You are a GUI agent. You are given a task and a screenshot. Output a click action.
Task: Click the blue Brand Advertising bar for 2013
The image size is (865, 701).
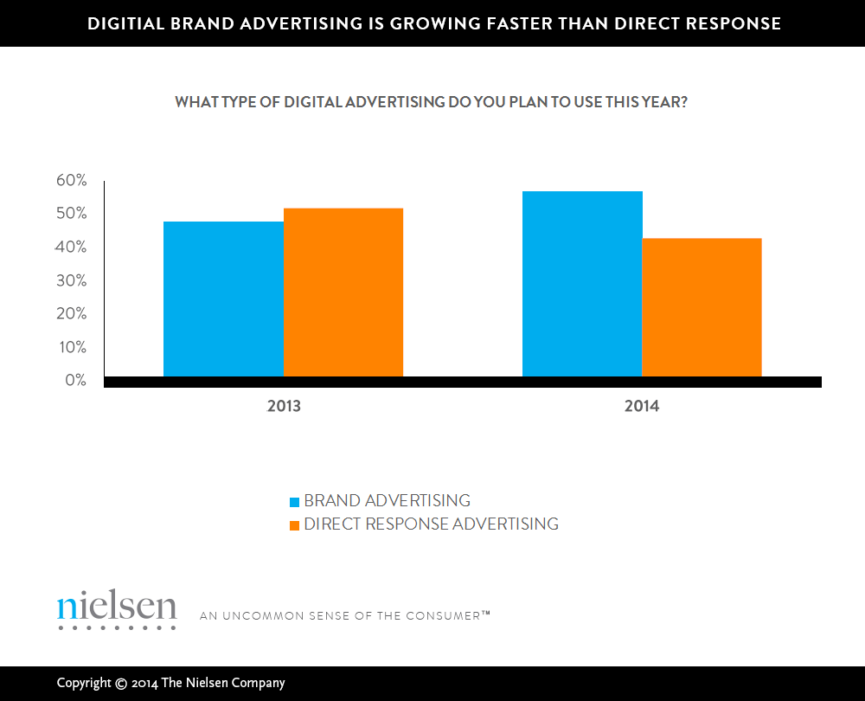(x=223, y=299)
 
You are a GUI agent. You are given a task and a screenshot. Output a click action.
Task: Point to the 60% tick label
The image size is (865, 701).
(x=72, y=180)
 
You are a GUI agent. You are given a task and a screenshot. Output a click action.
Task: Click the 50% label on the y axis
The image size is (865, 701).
(x=72, y=214)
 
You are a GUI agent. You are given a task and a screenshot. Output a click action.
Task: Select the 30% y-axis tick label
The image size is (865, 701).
(x=72, y=280)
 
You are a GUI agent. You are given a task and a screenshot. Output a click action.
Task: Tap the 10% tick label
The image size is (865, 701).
(x=72, y=347)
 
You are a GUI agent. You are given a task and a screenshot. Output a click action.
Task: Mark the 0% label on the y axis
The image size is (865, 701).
(x=75, y=380)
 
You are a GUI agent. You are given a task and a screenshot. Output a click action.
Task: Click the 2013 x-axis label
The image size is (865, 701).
(x=284, y=406)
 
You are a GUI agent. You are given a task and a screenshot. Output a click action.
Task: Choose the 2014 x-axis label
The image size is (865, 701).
(x=642, y=406)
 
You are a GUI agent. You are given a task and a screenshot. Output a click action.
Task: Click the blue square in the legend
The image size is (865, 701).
(x=294, y=502)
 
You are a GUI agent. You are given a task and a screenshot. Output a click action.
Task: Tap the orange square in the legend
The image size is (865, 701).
(x=294, y=525)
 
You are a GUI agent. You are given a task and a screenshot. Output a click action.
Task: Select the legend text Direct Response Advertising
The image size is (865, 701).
(x=431, y=524)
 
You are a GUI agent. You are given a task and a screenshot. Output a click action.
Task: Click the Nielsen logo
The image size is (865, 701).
(x=117, y=609)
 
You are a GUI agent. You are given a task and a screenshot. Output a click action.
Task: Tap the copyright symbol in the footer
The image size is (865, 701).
(x=120, y=684)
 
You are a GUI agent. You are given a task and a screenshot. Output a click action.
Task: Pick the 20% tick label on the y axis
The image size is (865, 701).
(x=72, y=313)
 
